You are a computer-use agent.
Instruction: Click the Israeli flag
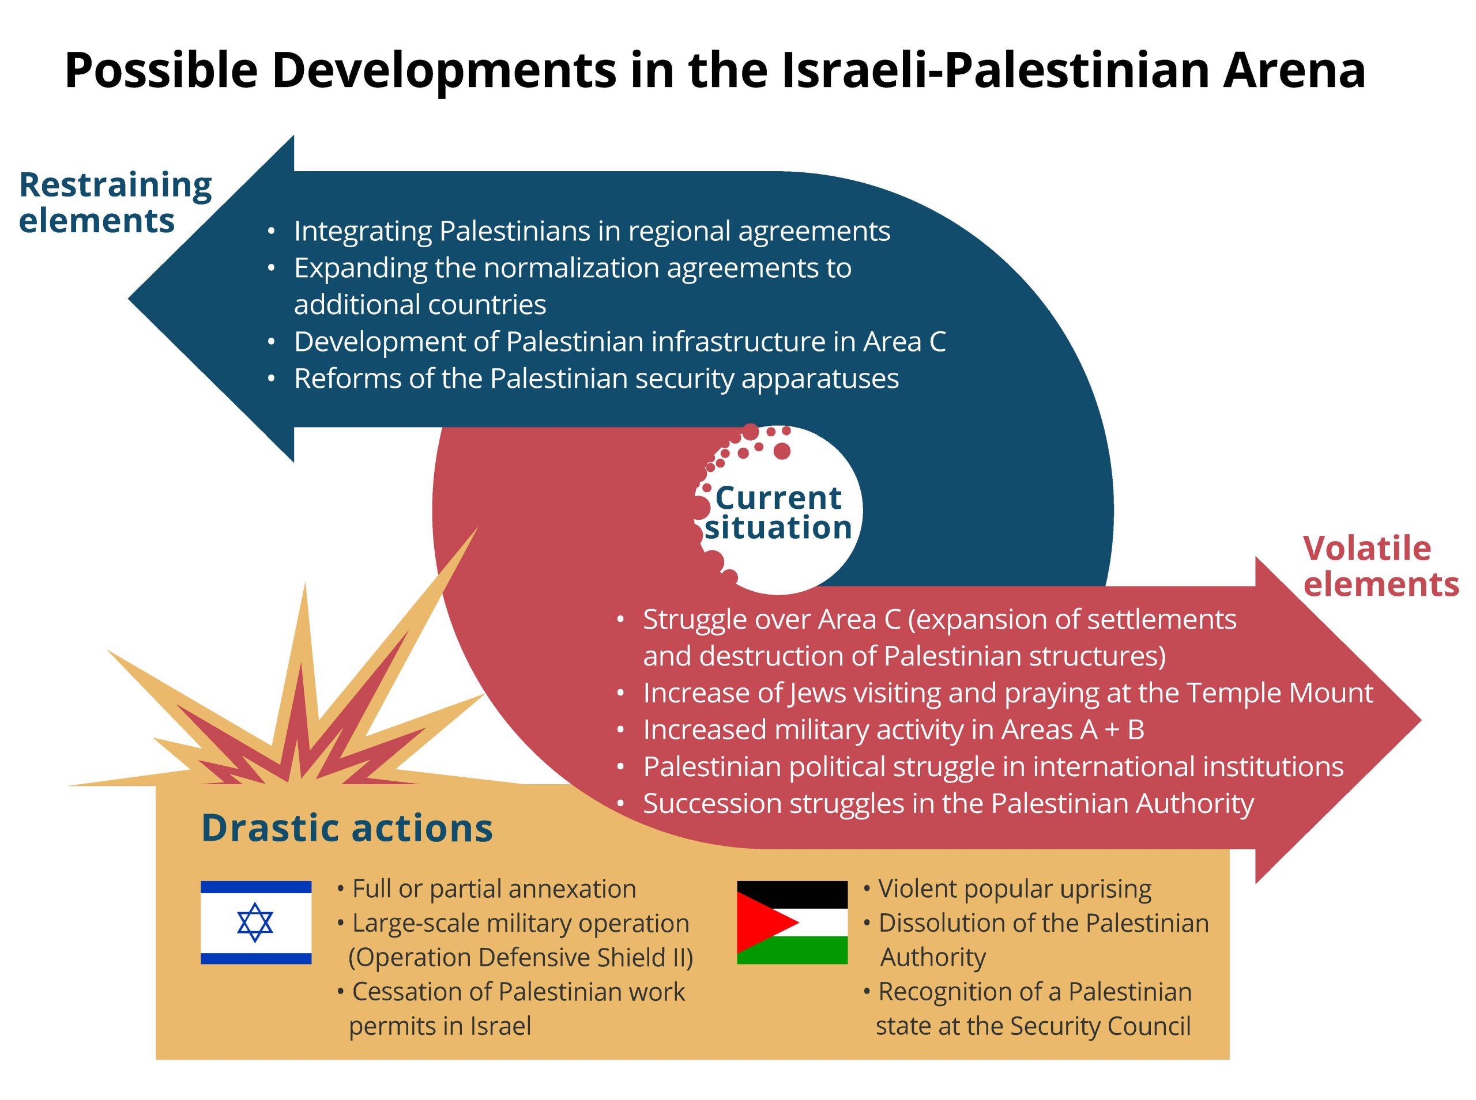pyautogui.click(x=256, y=922)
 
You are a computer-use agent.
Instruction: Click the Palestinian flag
pyautogui.click(x=792, y=922)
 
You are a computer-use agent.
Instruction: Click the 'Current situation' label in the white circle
pyautogui.click(x=778, y=512)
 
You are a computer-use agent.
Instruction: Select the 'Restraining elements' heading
pyautogui.click(x=115, y=202)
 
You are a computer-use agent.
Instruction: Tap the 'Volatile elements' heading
pyautogui.click(x=1381, y=566)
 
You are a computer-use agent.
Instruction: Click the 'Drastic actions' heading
pyautogui.click(x=347, y=829)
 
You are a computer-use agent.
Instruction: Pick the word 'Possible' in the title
pyautogui.click(x=161, y=70)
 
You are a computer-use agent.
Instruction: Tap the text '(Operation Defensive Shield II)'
pyautogui.click(x=521, y=957)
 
